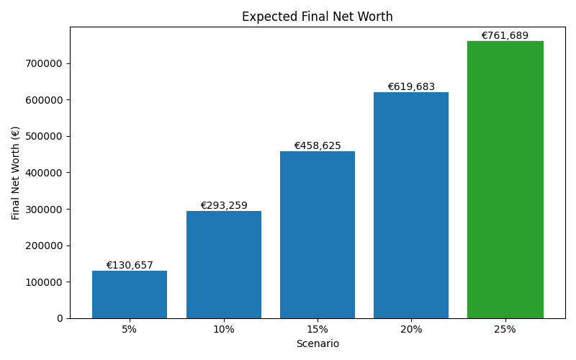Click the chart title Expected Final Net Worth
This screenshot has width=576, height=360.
point(317,17)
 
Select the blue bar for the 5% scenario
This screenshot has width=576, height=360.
point(130,294)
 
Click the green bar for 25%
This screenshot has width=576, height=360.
point(505,180)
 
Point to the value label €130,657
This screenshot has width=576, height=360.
point(130,266)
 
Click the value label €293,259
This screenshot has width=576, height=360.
point(223,206)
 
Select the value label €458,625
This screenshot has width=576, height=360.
point(318,146)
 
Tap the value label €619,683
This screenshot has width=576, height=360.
point(411,87)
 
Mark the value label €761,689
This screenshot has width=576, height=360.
point(505,36)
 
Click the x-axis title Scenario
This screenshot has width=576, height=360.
point(318,344)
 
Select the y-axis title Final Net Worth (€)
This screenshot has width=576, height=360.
point(16,173)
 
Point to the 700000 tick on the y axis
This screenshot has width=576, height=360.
point(43,63)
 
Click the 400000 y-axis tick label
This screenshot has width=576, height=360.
point(43,173)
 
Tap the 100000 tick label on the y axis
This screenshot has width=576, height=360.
point(43,282)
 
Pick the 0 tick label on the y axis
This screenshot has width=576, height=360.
point(60,318)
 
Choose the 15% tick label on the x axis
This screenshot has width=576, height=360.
point(318,330)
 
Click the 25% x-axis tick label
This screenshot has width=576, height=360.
point(505,330)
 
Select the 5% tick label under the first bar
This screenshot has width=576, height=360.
point(130,330)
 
